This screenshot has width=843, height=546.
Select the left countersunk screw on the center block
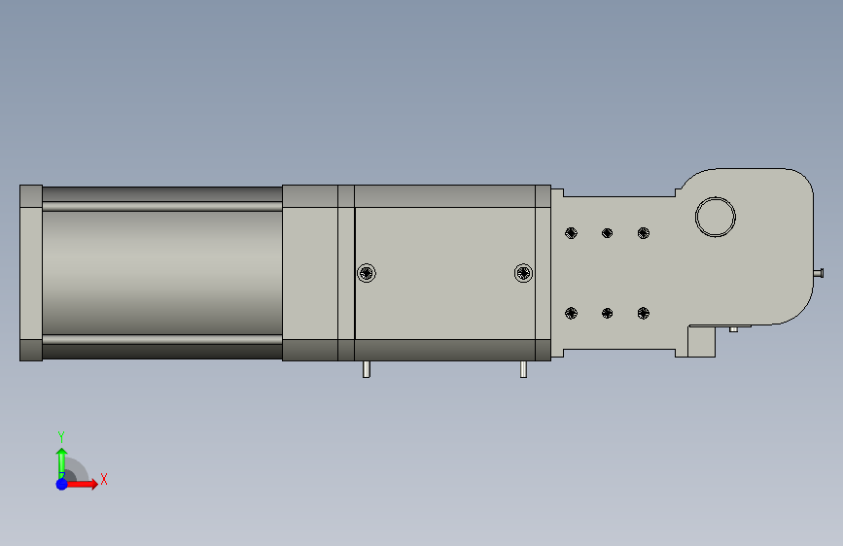pyautogui.click(x=367, y=273)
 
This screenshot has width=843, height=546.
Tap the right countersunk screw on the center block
pyautogui.click(x=524, y=273)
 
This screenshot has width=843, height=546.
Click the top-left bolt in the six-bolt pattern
pyautogui.click(x=571, y=233)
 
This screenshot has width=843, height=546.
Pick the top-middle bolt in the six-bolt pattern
pyautogui.click(x=607, y=233)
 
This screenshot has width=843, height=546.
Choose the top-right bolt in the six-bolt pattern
pyautogui.click(x=644, y=233)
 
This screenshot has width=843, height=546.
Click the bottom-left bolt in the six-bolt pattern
pyautogui.click(x=571, y=313)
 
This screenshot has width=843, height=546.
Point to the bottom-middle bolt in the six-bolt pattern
pyautogui.click(x=607, y=313)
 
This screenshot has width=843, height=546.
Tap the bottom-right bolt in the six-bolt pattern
pyautogui.click(x=644, y=313)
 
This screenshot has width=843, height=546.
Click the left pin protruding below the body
pyautogui.click(x=367, y=369)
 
